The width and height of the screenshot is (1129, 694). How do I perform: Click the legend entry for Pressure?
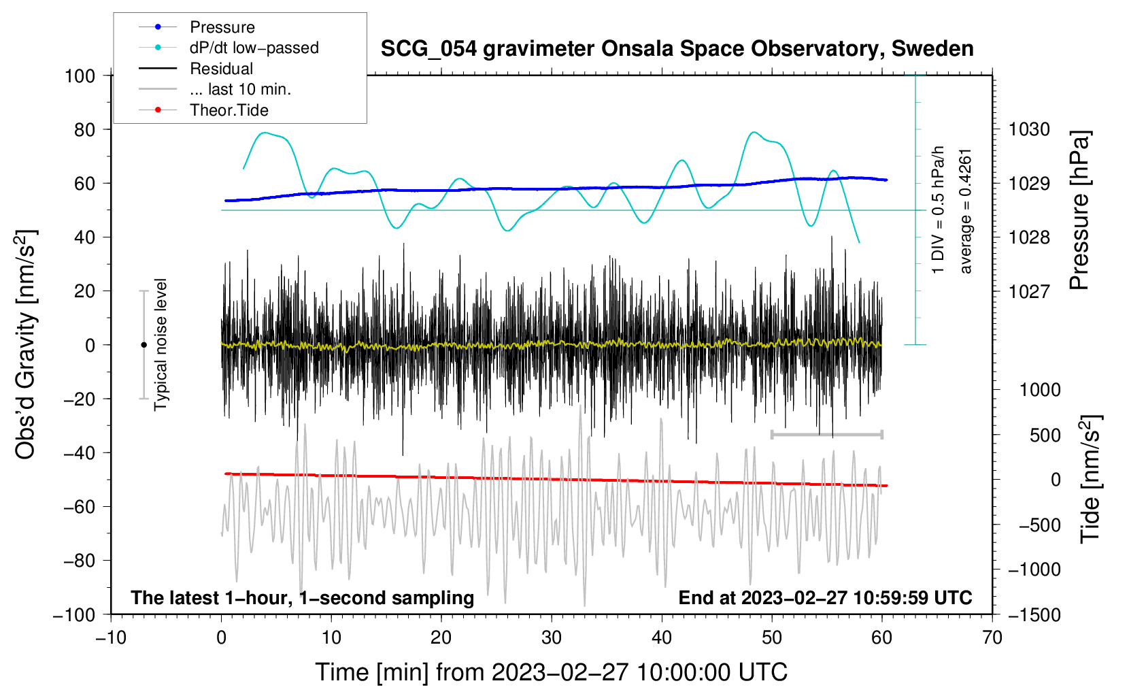[197, 27]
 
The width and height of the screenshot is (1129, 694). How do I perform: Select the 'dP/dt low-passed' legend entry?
[229, 48]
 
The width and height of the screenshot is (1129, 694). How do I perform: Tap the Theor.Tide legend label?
[203, 110]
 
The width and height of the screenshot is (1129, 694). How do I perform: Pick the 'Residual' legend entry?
[196, 68]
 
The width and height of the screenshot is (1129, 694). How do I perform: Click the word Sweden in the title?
[932, 48]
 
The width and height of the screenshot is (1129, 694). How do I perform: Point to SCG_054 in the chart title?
[428, 50]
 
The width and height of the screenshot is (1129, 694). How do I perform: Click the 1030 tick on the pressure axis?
[1029, 130]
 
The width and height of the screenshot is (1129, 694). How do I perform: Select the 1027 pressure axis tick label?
[1029, 291]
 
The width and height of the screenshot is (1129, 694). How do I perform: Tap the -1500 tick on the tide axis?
[1034, 615]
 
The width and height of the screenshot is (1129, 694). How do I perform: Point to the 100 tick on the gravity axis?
[80, 76]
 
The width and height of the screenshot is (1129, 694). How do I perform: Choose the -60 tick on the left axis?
[79, 507]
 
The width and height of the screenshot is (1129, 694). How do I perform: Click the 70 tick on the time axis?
[992, 638]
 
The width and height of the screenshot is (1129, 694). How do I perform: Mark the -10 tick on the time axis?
[111, 638]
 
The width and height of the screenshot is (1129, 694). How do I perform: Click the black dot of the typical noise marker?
[144, 345]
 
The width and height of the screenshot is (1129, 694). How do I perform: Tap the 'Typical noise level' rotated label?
[161, 344]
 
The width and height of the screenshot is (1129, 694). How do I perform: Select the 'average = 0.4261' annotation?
[964, 212]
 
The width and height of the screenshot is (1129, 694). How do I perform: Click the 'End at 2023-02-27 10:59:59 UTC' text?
[825, 597]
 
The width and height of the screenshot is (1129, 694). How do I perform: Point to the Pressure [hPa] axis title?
[1079, 210]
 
